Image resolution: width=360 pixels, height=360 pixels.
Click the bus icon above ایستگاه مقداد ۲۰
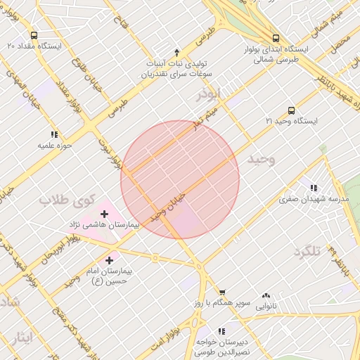tap(34, 34)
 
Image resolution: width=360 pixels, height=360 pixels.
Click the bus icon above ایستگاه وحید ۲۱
tap(292, 110)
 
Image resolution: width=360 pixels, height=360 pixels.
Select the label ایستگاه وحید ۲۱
tap(291, 122)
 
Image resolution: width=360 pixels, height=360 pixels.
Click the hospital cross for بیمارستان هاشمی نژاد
tap(105, 213)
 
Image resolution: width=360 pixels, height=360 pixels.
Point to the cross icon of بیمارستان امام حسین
tap(109, 260)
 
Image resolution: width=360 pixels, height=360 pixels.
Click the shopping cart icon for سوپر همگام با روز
tap(221, 292)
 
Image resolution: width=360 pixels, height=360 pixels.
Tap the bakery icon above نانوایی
tap(266, 296)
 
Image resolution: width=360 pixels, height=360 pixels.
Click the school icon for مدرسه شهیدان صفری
tap(313, 188)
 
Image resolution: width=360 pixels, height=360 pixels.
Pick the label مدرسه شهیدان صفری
tap(314, 199)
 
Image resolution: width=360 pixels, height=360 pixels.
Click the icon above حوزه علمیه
tap(54, 134)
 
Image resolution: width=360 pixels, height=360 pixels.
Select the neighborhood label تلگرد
tap(307, 252)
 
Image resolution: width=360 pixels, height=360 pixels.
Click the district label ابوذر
tap(209, 93)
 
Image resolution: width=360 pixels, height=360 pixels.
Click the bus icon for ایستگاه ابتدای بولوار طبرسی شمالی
tap(275, 38)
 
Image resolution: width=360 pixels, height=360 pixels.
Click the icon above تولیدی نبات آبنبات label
tap(176, 51)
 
